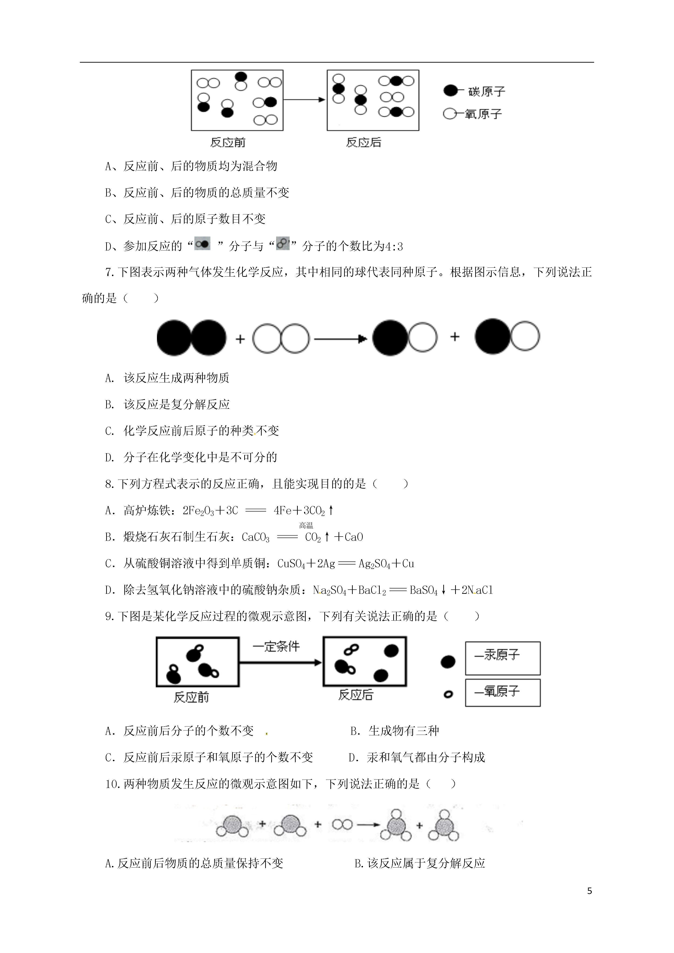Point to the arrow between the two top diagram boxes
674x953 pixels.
point(304,100)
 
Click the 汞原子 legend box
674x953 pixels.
point(503,658)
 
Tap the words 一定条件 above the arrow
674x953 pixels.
point(276,646)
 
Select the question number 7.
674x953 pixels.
point(109,272)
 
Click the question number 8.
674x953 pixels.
point(109,484)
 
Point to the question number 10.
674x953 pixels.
point(112,784)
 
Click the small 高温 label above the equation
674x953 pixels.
point(306,525)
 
